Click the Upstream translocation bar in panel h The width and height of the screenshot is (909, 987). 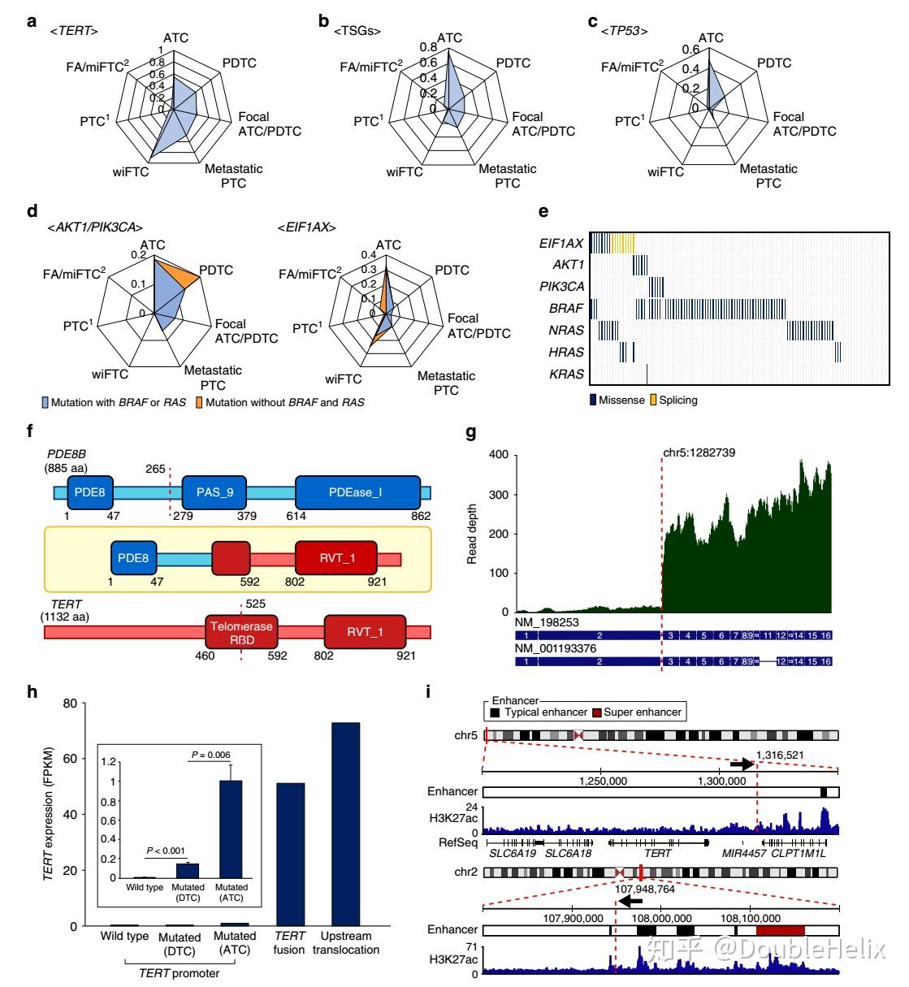coord(345,824)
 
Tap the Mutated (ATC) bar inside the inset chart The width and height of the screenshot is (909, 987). coord(231,829)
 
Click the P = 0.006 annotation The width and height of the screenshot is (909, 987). coord(211,755)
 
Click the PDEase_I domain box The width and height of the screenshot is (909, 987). coord(357,492)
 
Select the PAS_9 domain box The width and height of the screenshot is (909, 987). coord(214,492)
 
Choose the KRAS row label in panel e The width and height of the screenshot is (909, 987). coord(567,374)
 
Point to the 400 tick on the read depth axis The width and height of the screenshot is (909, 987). coord(498,456)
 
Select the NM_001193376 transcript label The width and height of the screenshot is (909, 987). coord(553,647)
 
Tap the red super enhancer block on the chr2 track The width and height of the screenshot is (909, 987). coord(780,929)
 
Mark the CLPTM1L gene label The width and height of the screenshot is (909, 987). coord(803,853)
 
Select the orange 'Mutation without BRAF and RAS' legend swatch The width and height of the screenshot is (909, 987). coord(197,402)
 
